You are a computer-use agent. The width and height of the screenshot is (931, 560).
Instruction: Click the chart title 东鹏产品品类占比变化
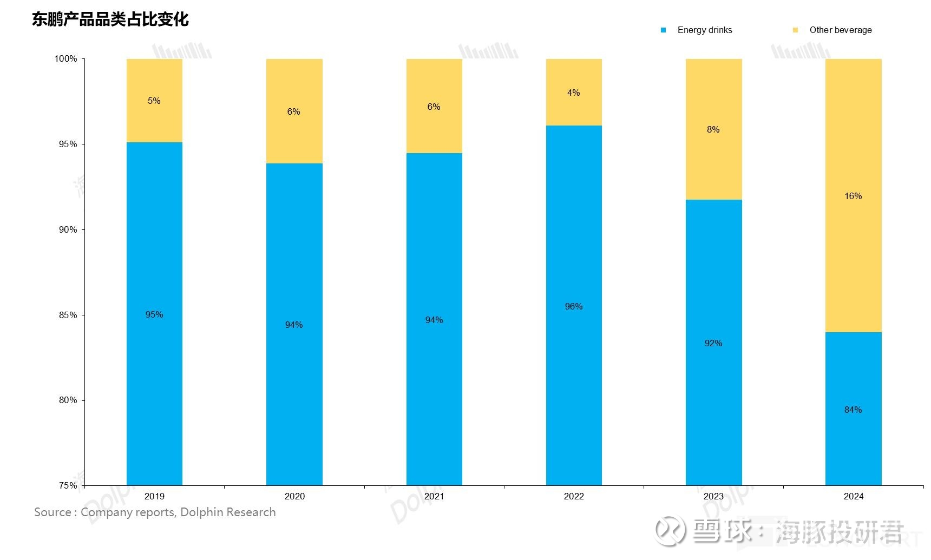[x=110, y=19]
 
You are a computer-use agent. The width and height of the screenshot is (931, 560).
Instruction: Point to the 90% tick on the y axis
[x=68, y=229]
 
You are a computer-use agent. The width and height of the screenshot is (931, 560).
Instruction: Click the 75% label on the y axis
[x=68, y=485]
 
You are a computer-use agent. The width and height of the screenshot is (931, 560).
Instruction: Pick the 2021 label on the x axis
[x=434, y=496]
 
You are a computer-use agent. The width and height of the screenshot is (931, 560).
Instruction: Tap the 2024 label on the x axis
[x=853, y=496]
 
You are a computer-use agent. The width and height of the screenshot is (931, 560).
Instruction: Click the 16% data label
[x=853, y=196]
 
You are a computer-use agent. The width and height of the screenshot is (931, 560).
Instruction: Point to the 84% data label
[x=853, y=410]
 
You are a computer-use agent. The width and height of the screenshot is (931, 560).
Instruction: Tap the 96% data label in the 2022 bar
[x=574, y=306]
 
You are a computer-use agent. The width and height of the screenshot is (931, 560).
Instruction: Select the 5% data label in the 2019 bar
[x=154, y=101]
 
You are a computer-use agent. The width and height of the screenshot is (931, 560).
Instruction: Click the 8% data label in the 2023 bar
[x=713, y=129]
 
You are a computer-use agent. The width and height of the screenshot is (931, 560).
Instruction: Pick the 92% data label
[x=713, y=343]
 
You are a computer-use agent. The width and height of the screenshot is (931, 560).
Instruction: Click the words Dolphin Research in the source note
[x=228, y=512]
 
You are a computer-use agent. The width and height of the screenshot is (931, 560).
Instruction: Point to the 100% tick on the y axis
[x=66, y=58]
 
